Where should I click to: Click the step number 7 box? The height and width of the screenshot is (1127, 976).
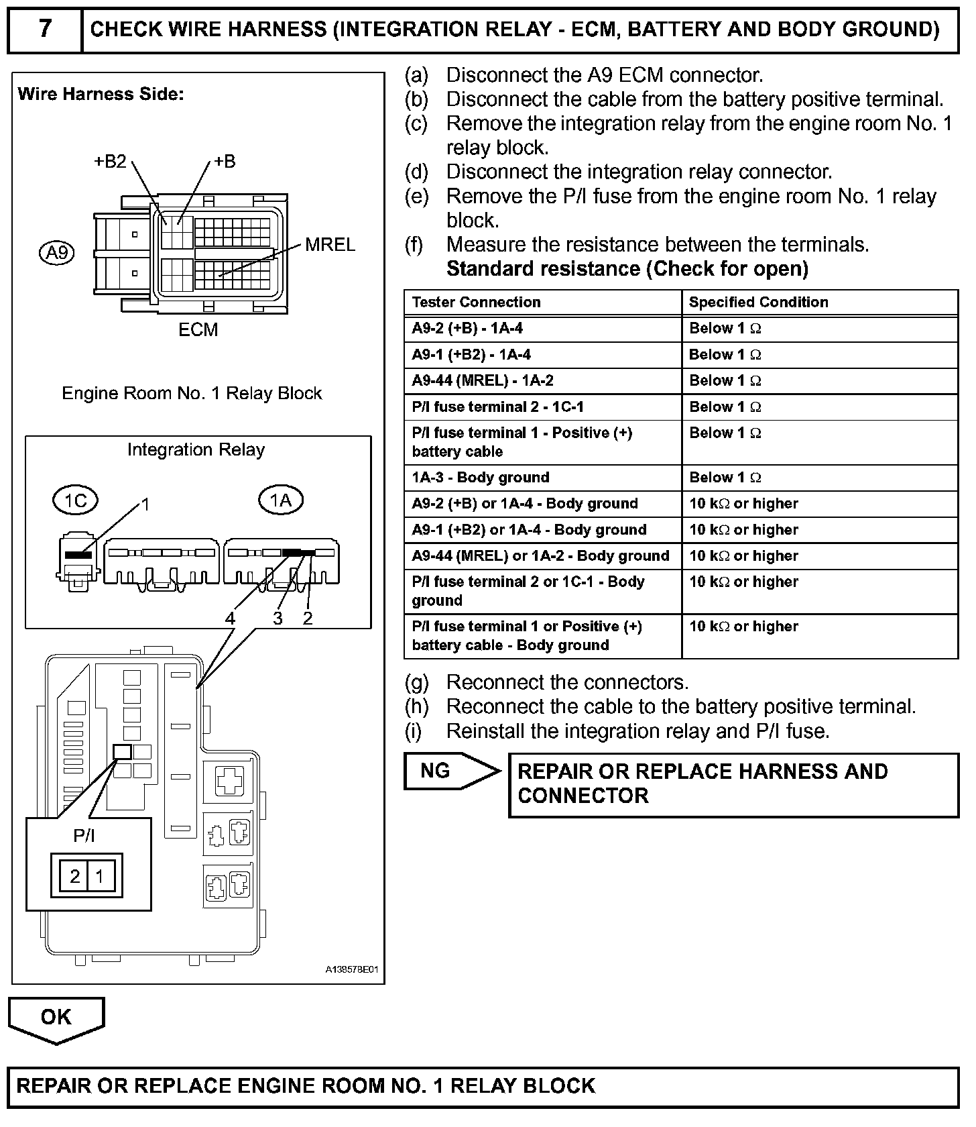click(x=44, y=30)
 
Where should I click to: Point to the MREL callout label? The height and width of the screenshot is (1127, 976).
click(x=330, y=245)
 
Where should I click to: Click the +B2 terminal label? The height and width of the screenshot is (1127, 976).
click(x=110, y=162)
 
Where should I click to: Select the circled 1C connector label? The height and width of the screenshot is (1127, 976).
click(x=75, y=500)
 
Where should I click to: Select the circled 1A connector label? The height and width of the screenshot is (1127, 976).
click(x=280, y=500)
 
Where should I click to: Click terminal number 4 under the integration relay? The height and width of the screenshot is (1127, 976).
click(x=230, y=619)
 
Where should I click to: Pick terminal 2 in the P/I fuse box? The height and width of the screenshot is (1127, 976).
click(x=75, y=876)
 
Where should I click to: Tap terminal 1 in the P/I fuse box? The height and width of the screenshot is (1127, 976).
click(x=100, y=876)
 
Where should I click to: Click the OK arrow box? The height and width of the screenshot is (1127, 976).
click(x=56, y=1018)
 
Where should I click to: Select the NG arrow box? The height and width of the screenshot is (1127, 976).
click(x=450, y=771)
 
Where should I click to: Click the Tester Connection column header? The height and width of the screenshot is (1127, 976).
click(x=476, y=302)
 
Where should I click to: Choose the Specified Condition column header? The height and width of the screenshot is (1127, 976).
click(x=758, y=302)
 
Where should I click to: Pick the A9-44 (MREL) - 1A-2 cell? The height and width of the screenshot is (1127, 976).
click(x=483, y=381)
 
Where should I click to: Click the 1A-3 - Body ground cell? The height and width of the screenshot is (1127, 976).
click(x=481, y=478)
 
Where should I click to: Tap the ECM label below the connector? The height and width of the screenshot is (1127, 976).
click(x=198, y=330)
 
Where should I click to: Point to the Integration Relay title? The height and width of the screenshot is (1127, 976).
click(x=196, y=449)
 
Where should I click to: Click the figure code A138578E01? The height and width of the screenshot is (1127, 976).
click(x=353, y=969)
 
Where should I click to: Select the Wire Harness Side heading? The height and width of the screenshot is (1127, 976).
click(x=101, y=94)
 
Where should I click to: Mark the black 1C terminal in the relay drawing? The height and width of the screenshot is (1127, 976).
click(x=78, y=555)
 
